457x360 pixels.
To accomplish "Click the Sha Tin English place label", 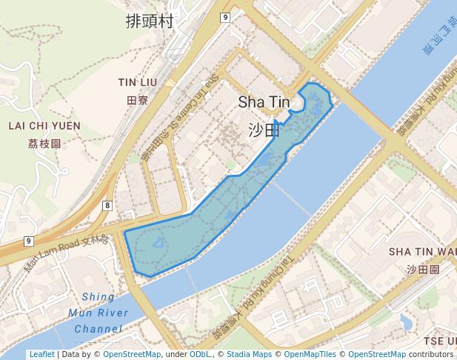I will coord(264,102).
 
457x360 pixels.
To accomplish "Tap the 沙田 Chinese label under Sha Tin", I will coord(264,130).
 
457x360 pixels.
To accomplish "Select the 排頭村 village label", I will coord(150,21).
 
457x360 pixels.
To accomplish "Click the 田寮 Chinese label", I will coord(138,99).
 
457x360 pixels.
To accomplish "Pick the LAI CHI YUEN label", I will coord(44,126).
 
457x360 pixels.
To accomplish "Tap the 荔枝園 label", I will coord(44,144).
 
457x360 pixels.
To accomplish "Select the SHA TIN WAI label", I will coord(423,253).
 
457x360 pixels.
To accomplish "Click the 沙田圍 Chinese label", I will coord(423,270).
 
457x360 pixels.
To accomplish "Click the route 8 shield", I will coord(108,205).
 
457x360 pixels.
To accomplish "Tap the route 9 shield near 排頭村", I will coord(225,16).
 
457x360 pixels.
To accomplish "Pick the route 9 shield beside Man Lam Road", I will coord(28,241).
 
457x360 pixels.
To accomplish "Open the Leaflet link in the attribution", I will coord(41,354).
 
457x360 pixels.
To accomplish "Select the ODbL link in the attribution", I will coord(199,354).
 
